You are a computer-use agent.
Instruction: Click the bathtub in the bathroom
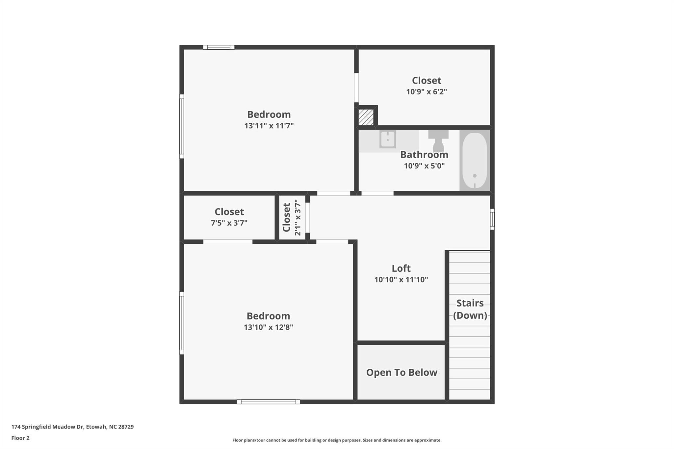point(475,160)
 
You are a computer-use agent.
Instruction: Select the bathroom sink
point(387,139)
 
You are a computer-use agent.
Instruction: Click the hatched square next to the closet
point(366,117)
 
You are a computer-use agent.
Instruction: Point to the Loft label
point(401,268)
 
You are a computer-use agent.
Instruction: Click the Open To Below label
point(402,372)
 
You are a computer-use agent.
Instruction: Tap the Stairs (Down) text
point(470,309)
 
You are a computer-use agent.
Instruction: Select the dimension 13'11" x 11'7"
point(269,126)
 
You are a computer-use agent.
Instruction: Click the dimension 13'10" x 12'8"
point(268,327)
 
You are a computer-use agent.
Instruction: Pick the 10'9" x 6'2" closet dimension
point(427,92)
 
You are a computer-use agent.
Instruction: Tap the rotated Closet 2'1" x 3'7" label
point(292,217)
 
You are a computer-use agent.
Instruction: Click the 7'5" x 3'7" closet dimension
point(229,223)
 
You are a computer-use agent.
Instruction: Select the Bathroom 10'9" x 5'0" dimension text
point(424,166)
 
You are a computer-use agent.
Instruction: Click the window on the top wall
point(219,47)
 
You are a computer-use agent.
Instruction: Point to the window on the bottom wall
point(268,402)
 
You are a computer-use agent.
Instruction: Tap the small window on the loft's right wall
point(492,219)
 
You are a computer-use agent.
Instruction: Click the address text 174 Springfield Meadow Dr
point(72,427)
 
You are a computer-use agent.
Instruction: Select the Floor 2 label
point(20,438)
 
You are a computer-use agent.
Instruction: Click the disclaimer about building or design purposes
point(337,440)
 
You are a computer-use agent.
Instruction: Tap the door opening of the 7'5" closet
point(228,242)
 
